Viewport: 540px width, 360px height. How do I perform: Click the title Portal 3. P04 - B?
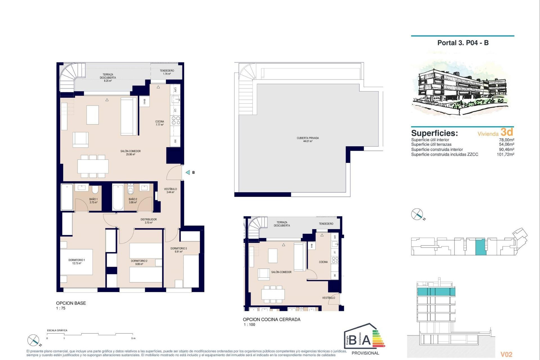click(x=463, y=43)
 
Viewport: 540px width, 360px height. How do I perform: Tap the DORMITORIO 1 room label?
click(x=76, y=262)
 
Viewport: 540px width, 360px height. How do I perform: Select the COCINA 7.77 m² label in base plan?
click(x=159, y=123)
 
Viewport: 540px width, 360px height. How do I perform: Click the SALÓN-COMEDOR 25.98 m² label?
click(x=130, y=152)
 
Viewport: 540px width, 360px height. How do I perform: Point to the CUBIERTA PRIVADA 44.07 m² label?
click(x=308, y=139)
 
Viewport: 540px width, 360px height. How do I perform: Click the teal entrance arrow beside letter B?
click(x=188, y=172)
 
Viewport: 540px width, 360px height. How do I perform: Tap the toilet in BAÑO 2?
click(x=130, y=190)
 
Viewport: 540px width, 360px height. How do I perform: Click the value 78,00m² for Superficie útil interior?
click(x=506, y=140)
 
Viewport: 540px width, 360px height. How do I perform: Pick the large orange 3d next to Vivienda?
click(x=507, y=132)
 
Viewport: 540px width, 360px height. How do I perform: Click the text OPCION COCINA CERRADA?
click(x=271, y=319)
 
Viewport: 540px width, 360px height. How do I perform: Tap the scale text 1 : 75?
click(x=61, y=308)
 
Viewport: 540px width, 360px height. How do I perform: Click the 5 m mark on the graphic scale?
click(x=133, y=338)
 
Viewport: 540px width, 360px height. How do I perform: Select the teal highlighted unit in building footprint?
click(x=480, y=247)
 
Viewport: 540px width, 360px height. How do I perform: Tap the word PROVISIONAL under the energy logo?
click(x=365, y=353)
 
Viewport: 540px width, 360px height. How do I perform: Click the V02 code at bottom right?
click(x=506, y=354)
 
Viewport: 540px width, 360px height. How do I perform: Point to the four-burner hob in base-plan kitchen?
click(x=176, y=121)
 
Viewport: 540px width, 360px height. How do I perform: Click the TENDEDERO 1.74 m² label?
click(x=167, y=72)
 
